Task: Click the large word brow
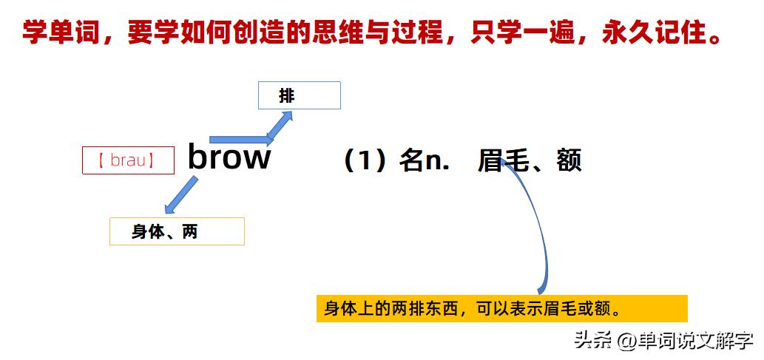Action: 229,157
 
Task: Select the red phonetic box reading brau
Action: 128,160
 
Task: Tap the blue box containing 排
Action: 299,95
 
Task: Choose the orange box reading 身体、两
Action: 177,231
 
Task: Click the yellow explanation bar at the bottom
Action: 501,308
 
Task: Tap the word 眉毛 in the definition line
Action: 503,160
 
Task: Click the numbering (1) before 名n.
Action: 365,160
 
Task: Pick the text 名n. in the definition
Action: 424,160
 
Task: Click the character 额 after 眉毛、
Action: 569,160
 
